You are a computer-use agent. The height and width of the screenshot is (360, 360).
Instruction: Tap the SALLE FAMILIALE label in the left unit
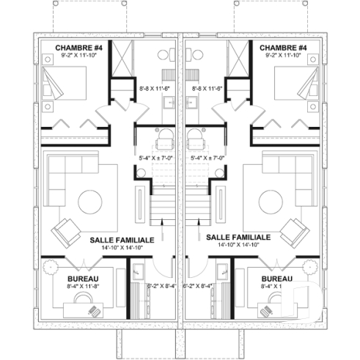pos(122,240)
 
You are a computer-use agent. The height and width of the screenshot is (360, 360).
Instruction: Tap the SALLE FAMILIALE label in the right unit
pos(238,238)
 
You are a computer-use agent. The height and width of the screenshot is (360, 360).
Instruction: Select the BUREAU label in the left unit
pos(83,279)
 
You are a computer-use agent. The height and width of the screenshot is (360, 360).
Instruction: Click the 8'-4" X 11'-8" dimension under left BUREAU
pos(83,287)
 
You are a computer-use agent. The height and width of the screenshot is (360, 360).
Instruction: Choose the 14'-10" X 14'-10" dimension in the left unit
pos(122,248)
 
